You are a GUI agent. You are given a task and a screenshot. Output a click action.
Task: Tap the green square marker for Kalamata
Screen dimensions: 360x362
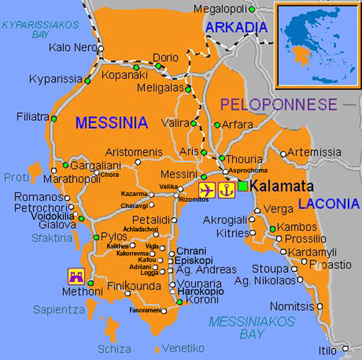243,186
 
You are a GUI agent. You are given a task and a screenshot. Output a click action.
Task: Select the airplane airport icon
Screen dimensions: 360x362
207,190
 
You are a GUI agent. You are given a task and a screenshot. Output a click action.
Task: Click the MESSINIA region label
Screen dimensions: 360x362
111,123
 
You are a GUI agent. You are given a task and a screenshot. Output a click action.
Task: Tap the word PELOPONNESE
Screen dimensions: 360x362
278,104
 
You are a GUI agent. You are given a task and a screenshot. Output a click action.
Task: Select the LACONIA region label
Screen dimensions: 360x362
329,204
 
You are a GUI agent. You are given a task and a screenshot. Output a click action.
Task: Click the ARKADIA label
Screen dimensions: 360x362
231,27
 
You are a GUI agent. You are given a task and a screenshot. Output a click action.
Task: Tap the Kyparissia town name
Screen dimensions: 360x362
55,79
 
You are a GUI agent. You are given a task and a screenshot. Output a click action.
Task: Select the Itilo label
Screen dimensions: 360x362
327,351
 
